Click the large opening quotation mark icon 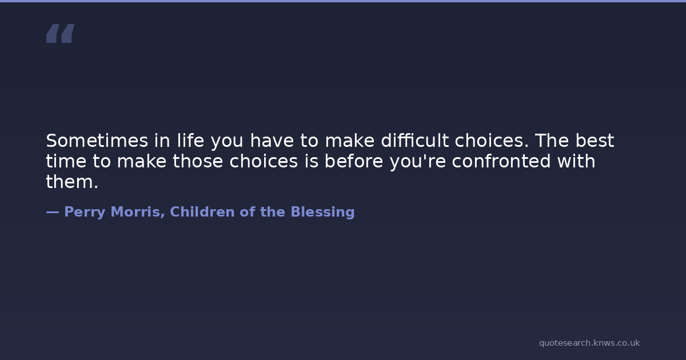(61, 33)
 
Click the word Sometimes (97, 141)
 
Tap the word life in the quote (190, 140)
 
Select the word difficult (414, 140)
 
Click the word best (595, 140)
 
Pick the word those (198, 161)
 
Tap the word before (354, 161)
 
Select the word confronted (501, 161)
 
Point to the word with (576, 161)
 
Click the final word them (72, 182)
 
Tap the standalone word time (66, 161)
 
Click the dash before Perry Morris (53, 212)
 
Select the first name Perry (85, 213)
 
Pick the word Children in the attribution (202, 211)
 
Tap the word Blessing (322, 213)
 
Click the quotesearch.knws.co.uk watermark (589, 343)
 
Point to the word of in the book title (247, 211)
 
